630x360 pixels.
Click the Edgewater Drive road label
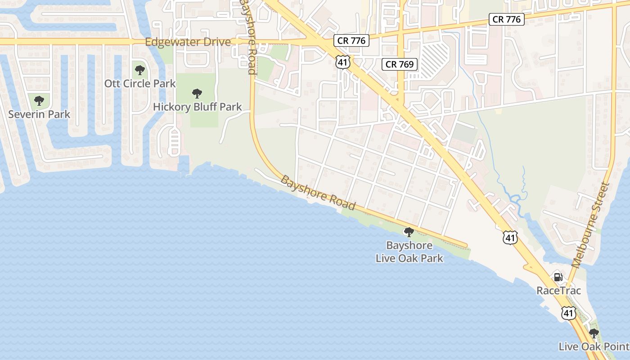[188, 42]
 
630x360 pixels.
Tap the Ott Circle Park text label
[140, 84]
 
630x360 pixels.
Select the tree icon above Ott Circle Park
[140, 70]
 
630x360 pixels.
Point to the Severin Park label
[39, 114]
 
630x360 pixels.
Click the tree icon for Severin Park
[39, 100]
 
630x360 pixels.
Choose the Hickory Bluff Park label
[197, 107]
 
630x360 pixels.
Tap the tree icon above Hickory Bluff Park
[197, 94]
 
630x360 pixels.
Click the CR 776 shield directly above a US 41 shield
[351, 40]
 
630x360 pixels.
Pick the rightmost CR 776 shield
[507, 19]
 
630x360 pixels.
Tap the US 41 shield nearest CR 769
[343, 62]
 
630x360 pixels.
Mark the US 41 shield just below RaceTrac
[569, 313]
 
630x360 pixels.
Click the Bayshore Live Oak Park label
[409, 252]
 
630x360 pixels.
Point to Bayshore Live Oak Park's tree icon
[409, 232]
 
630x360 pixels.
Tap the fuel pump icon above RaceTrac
[558, 277]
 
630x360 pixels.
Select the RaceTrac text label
[558, 291]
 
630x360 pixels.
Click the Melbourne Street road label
[590, 225]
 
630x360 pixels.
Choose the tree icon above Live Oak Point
[594, 333]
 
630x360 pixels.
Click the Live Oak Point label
[594, 346]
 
